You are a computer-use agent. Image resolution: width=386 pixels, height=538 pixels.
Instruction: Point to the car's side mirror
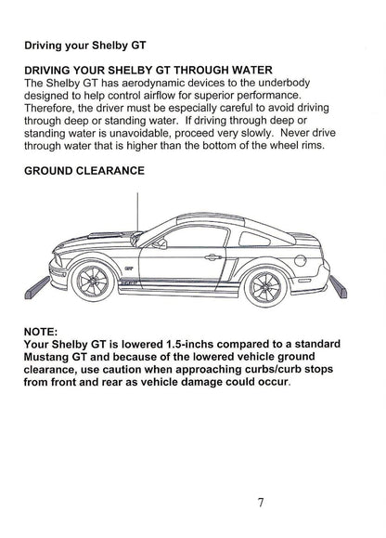(x=160, y=244)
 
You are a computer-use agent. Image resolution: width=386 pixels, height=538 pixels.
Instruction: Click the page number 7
(x=262, y=503)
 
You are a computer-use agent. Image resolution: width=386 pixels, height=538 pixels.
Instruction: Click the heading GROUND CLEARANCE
(x=84, y=171)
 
